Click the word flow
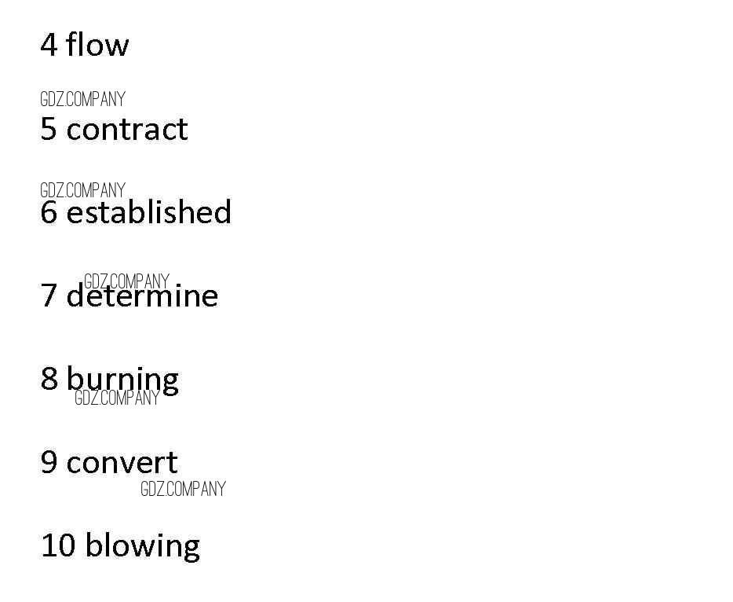click(x=97, y=44)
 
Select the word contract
click(x=127, y=129)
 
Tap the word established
click(x=148, y=212)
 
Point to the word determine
click(x=142, y=296)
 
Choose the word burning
click(x=122, y=380)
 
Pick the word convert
click(x=122, y=462)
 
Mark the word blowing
click(x=142, y=545)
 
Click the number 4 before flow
click(x=49, y=45)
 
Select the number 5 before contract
click(x=49, y=129)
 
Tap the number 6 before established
click(x=49, y=212)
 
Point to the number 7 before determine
click(x=49, y=296)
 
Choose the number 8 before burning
click(x=49, y=379)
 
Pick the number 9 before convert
click(x=49, y=462)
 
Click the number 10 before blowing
click(x=57, y=545)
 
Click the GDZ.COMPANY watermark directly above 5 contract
click(x=82, y=100)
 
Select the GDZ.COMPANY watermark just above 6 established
click(x=82, y=190)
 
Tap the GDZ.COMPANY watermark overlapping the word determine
click(x=126, y=281)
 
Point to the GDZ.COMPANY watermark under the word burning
click(x=117, y=398)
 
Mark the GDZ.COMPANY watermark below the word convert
click(x=183, y=489)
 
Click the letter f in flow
click(x=73, y=44)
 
